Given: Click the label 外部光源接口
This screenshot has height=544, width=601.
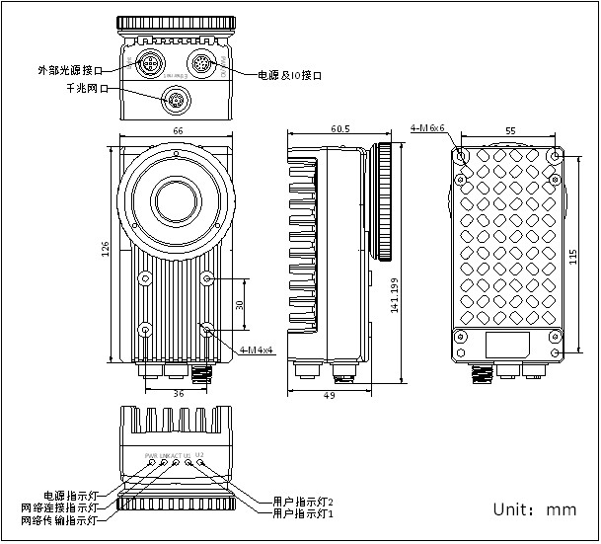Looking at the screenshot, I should (x=69, y=70).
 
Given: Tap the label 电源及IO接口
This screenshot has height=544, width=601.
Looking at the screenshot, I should (x=290, y=75).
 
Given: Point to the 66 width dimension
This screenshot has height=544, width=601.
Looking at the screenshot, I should (x=179, y=130).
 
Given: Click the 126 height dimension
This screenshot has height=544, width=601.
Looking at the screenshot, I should (x=106, y=252).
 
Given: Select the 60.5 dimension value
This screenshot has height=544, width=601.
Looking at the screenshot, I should (x=341, y=129).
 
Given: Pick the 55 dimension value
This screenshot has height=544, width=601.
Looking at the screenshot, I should (x=509, y=130).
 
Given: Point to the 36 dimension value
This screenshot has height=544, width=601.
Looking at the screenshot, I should (x=179, y=393).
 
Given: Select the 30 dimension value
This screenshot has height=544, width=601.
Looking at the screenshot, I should (x=239, y=305).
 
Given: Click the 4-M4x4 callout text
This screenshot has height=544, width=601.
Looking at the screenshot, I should (x=258, y=350).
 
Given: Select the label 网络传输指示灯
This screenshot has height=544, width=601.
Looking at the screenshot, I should (x=60, y=519).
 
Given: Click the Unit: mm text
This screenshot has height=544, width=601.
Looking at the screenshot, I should (x=534, y=510).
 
